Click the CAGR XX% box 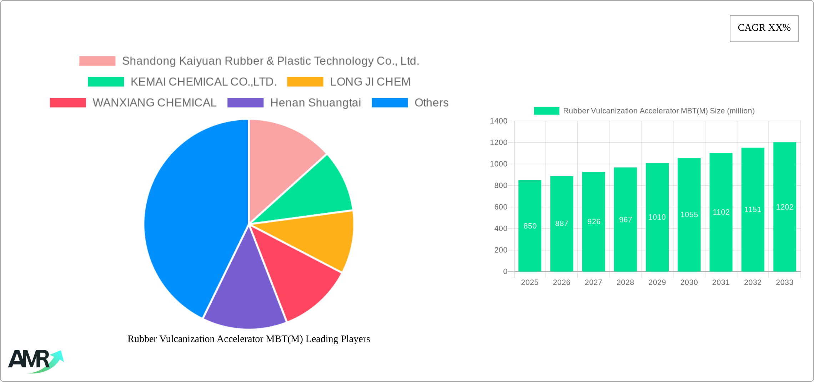764,28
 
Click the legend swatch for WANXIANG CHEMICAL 68,103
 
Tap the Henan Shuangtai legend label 315,103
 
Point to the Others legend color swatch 390,103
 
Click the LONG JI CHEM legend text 370,82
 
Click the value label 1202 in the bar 784,207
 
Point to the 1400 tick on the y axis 498,121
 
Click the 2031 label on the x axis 720,282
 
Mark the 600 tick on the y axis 501,207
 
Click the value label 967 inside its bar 625,220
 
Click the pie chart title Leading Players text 248,339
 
